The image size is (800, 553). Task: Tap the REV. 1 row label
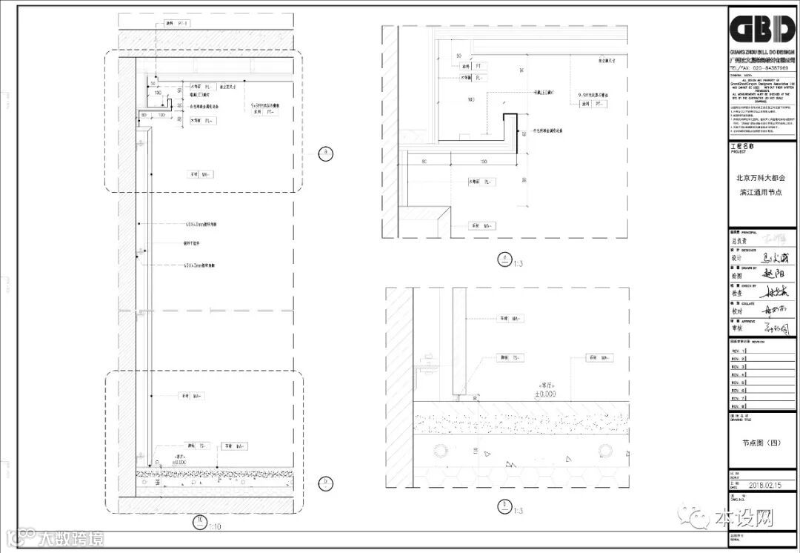737,350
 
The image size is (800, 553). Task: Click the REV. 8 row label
737,406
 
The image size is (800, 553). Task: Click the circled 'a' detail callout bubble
324,153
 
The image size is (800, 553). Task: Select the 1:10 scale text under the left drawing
215,526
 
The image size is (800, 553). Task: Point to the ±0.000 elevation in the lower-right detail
549,394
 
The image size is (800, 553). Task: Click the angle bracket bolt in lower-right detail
425,363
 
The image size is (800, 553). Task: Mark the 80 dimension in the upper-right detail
424,160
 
